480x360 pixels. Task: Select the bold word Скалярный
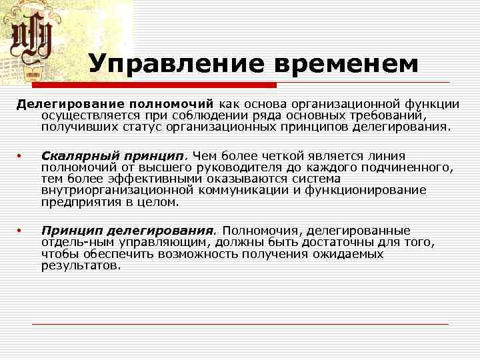[72, 155]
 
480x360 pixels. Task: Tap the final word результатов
[81, 265]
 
